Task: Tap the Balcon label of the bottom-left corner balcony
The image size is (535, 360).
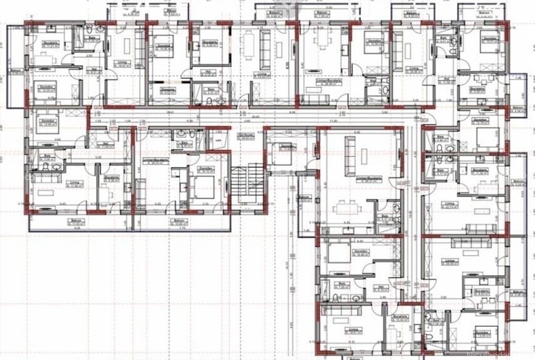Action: (x=74, y=221)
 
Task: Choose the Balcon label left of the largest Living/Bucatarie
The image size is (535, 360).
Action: (x=305, y=198)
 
